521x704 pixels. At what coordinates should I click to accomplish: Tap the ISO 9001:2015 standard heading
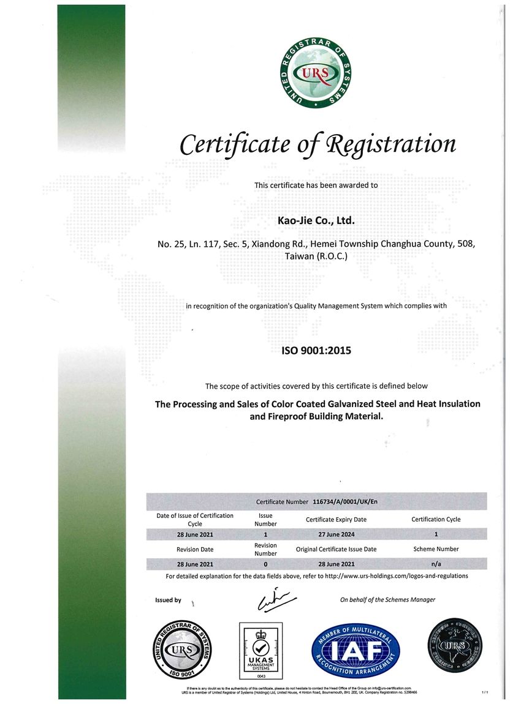point(316,351)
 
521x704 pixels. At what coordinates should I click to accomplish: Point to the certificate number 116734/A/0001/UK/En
point(345,502)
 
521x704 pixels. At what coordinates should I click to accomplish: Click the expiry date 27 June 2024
point(335,534)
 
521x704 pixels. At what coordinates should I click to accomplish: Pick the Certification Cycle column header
point(436,519)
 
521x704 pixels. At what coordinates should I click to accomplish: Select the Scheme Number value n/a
point(436,563)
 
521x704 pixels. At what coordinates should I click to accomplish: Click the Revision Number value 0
point(265,563)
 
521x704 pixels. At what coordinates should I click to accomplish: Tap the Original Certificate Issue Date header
point(336,549)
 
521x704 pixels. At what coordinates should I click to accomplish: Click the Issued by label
point(168,600)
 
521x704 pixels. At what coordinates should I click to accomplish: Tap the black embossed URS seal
point(454,647)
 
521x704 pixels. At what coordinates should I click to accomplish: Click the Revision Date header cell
point(195,549)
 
